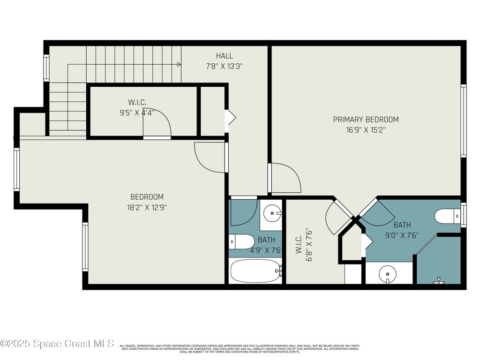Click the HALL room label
pyautogui.click(x=224, y=56)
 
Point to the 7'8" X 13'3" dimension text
pyautogui.click(x=224, y=67)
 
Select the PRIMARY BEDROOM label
pyautogui.click(x=366, y=120)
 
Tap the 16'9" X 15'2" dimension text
pyautogui.click(x=366, y=130)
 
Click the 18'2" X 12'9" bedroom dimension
pyautogui.click(x=147, y=207)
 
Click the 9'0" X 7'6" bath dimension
pyautogui.click(x=402, y=235)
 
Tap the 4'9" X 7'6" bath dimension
pyautogui.click(x=266, y=250)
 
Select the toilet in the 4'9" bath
pyautogui.click(x=241, y=242)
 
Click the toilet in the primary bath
pyautogui.click(x=448, y=217)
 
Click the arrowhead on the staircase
pyautogui.click(x=179, y=65)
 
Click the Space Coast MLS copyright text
pyautogui.click(x=57, y=344)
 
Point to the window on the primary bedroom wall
pyautogui.click(x=463, y=121)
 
